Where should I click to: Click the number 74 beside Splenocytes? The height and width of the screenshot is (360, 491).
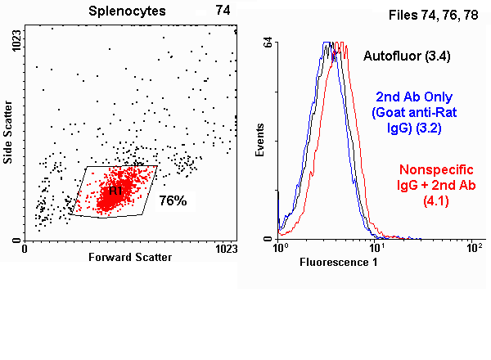tap(223, 11)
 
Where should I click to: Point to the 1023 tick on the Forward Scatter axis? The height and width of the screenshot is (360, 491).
tap(226, 248)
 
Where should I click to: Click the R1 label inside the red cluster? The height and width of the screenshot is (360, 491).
tap(115, 191)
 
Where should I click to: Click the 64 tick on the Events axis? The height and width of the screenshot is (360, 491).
tap(268, 46)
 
